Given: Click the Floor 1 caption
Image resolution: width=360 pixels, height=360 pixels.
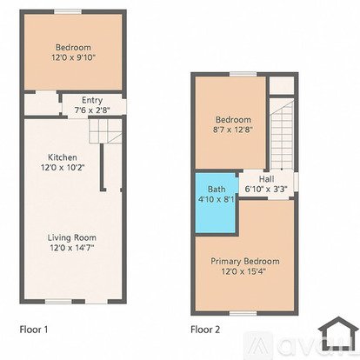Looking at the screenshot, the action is pyautogui.click(x=34, y=330).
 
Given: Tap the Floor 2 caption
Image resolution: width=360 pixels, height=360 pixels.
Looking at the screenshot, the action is pyautogui.click(x=205, y=330).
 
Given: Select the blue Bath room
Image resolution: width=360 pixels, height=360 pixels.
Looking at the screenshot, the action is pyautogui.click(x=217, y=203).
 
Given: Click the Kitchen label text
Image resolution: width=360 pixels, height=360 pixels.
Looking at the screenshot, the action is pyautogui.click(x=63, y=157).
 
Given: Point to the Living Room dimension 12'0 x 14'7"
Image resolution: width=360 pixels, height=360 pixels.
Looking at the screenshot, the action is pyautogui.click(x=72, y=248).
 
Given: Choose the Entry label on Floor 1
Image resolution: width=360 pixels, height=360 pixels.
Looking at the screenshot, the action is pyautogui.click(x=92, y=100).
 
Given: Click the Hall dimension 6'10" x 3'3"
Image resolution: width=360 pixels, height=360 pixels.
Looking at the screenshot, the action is pyautogui.click(x=266, y=189).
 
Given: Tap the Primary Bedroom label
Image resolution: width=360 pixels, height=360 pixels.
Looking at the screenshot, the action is pyautogui.click(x=245, y=261).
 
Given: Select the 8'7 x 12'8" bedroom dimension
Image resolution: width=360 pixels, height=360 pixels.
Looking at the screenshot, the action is pyautogui.click(x=233, y=130).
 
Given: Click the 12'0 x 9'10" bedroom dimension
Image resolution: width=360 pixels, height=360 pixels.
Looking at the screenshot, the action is pyautogui.click(x=73, y=57).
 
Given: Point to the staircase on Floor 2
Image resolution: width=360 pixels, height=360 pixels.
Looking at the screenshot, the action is pyautogui.click(x=282, y=134).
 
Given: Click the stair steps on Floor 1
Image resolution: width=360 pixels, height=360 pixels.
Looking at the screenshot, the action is pyautogui.click(x=105, y=131).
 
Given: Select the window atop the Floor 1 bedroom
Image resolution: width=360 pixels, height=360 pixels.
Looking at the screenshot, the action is pyautogui.click(x=68, y=11).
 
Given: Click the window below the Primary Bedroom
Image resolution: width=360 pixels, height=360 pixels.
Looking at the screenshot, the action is pyautogui.click(x=243, y=313).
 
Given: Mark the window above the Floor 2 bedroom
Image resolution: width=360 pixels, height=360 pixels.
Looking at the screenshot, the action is pyautogui.click(x=243, y=74).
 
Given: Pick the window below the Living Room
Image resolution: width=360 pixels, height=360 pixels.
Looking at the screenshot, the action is pyautogui.click(x=58, y=302).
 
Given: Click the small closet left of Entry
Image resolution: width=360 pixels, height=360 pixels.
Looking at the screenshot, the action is pyautogui.click(x=42, y=104).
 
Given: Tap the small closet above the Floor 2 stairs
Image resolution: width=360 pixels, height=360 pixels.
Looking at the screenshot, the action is pyautogui.click(x=282, y=85).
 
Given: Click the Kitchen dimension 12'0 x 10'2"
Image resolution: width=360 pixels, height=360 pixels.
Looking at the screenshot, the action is pyautogui.click(x=63, y=168).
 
